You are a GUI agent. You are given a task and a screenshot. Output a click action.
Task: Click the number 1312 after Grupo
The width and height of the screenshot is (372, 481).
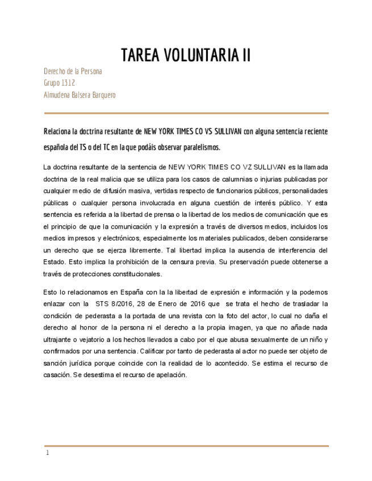68,83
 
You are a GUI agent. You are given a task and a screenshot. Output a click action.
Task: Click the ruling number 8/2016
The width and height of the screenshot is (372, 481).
108,304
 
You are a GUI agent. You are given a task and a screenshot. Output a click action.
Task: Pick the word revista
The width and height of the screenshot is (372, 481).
187,316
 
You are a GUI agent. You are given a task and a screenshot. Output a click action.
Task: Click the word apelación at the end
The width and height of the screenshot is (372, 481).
170,375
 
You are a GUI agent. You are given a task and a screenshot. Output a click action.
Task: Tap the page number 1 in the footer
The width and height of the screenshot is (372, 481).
48,453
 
